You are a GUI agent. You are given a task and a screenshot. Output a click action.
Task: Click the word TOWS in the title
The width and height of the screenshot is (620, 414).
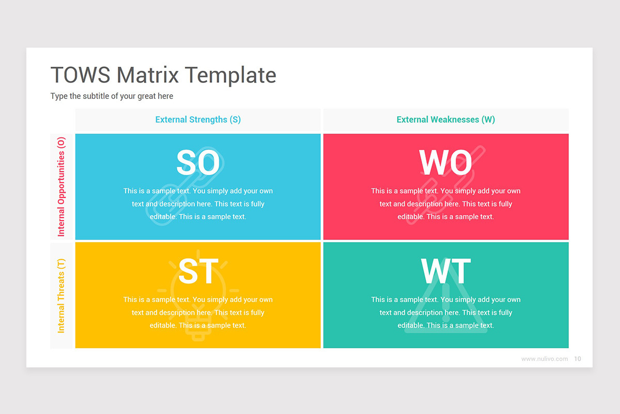(x=80, y=75)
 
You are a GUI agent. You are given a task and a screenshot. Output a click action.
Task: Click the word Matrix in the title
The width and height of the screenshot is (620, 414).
(x=148, y=75)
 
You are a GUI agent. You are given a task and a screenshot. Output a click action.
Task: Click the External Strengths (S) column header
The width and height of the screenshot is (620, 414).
(x=198, y=120)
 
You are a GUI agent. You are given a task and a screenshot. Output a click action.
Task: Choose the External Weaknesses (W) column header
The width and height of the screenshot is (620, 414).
(x=445, y=120)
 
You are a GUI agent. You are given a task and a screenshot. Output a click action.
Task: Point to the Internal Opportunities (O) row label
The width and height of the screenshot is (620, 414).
(x=61, y=187)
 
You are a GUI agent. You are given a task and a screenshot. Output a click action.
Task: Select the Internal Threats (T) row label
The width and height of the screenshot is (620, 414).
(x=61, y=295)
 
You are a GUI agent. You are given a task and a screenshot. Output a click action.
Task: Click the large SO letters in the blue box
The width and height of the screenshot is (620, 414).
(x=198, y=162)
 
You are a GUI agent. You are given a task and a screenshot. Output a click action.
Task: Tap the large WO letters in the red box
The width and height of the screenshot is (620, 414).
(x=445, y=162)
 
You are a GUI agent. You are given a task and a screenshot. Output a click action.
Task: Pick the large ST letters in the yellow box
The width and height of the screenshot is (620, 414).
(x=198, y=271)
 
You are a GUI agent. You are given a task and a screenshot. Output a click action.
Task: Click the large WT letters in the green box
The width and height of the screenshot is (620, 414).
(x=445, y=271)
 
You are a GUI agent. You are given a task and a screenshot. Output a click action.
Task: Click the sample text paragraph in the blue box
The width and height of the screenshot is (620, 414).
(x=198, y=204)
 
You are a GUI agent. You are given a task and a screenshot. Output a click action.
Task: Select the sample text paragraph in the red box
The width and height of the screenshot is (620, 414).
(x=445, y=204)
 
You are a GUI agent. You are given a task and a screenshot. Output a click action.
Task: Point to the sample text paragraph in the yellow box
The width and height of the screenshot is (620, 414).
(x=198, y=313)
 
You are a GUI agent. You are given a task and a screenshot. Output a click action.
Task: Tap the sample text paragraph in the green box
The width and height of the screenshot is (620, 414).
(x=445, y=313)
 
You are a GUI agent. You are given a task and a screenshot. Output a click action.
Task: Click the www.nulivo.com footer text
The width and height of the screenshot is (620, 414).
(x=544, y=359)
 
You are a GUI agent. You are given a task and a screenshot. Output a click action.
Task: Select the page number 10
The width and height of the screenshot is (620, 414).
(x=578, y=359)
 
